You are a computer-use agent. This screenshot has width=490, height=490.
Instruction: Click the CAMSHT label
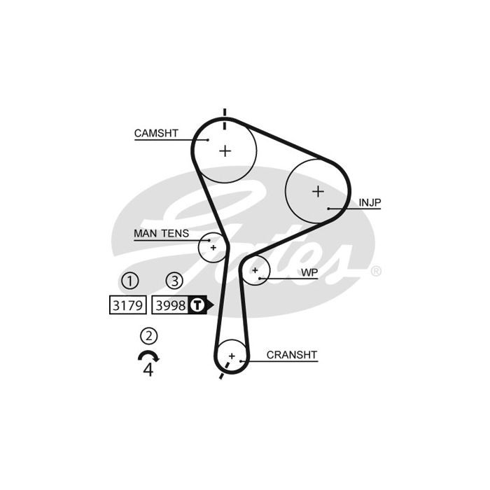click(156, 133)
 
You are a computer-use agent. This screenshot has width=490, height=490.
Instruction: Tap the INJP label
click(370, 202)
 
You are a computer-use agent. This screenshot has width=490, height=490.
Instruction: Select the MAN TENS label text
click(161, 233)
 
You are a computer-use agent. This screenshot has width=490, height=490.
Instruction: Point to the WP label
click(309, 272)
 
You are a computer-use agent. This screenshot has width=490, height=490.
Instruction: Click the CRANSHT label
click(292, 355)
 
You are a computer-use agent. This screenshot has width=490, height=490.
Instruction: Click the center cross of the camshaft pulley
click(225, 151)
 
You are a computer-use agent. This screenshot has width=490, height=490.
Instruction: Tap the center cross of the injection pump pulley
click(318, 191)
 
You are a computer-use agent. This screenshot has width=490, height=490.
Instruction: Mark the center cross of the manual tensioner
click(213, 248)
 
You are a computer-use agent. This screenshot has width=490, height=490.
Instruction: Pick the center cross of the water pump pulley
click(255, 270)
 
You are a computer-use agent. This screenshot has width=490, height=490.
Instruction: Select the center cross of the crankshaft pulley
click(232, 356)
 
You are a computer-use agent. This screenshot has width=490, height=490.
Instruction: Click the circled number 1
click(129, 281)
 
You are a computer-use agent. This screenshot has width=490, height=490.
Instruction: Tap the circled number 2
click(148, 336)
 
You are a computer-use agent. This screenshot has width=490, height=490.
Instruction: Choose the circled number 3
click(174, 281)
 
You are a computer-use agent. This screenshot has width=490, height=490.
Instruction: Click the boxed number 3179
click(128, 305)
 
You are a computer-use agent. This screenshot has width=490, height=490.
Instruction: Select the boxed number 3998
click(170, 305)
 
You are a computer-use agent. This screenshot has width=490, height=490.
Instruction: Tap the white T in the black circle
click(197, 305)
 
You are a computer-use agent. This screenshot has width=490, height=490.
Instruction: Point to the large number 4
click(148, 370)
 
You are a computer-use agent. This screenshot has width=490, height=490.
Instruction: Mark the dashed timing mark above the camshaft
click(225, 119)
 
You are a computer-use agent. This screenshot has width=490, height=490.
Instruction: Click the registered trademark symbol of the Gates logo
click(376, 271)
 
